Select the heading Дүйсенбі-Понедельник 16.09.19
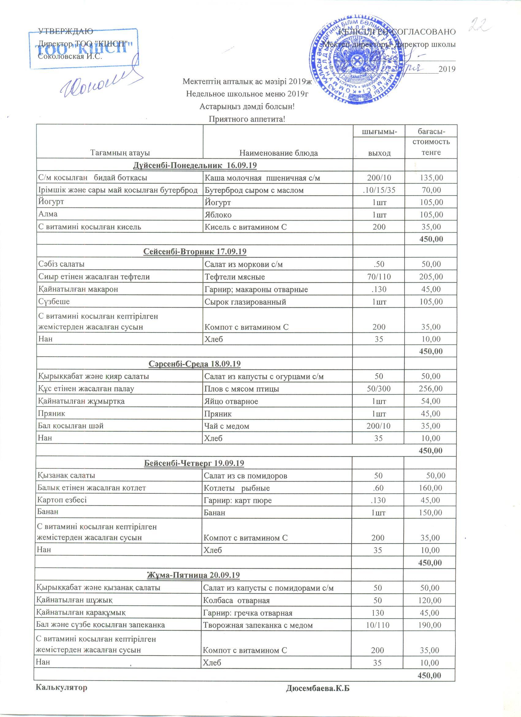[x=195, y=165]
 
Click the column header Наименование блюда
[x=278, y=153]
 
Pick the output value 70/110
[x=379, y=277]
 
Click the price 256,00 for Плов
[x=431, y=389]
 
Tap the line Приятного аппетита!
[x=247, y=119]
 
